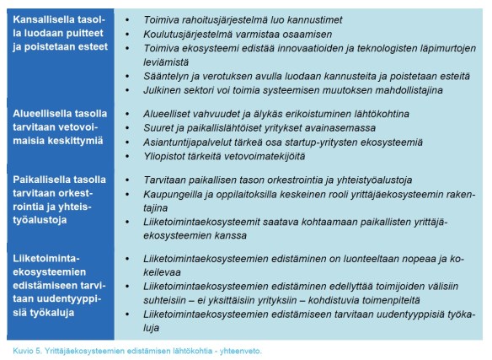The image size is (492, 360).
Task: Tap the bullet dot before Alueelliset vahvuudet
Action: click(125, 112)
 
